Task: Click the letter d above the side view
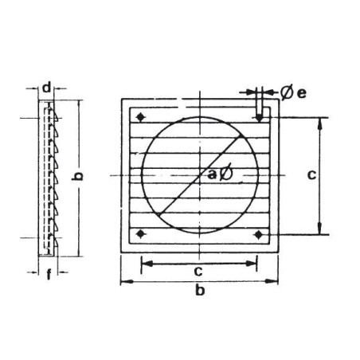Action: coord(47,88)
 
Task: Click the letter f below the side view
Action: coord(49,274)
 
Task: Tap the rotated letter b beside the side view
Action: coord(77,176)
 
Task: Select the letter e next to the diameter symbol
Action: coord(301,93)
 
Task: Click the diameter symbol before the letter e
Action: coord(287,92)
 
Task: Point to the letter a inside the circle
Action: coord(213,174)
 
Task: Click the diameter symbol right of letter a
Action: coord(225,173)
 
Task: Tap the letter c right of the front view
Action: coord(311,174)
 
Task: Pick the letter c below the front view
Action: coord(198,271)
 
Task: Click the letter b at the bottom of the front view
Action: coord(200,290)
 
